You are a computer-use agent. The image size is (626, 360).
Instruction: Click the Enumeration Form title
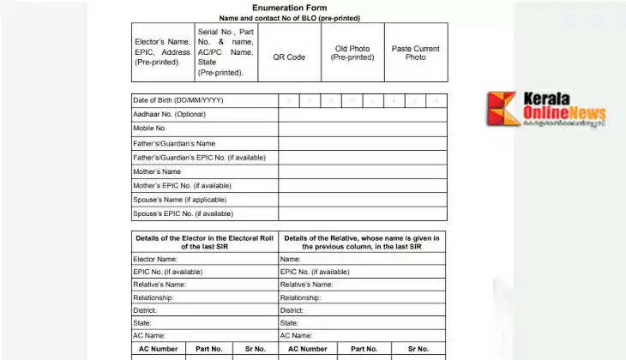[x=289, y=8]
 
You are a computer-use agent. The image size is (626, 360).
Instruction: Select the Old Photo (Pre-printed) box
[x=352, y=52]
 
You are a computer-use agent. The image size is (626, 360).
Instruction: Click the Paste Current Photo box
[x=415, y=52]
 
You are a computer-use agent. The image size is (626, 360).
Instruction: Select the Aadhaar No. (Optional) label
[x=169, y=114]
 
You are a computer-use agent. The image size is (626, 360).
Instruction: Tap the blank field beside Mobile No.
[x=362, y=129]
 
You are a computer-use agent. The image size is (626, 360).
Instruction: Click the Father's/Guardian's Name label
[x=173, y=143]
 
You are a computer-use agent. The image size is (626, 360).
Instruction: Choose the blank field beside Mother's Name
[x=362, y=171]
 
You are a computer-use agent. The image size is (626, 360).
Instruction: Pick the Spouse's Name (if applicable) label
[x=178, y=200]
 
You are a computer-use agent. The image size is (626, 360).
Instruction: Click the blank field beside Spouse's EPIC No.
[x=362, y=214]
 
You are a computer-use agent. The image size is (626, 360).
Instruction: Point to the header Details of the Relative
[x=362, y=242]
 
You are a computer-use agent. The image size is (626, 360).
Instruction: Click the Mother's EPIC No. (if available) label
[x=182, y=185]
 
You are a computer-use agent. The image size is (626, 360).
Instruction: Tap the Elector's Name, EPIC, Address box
[x=163, y=52]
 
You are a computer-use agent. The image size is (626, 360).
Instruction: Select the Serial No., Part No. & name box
[x=226, y=52]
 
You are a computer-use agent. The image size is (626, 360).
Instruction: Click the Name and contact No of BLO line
[x=289, y=18]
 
